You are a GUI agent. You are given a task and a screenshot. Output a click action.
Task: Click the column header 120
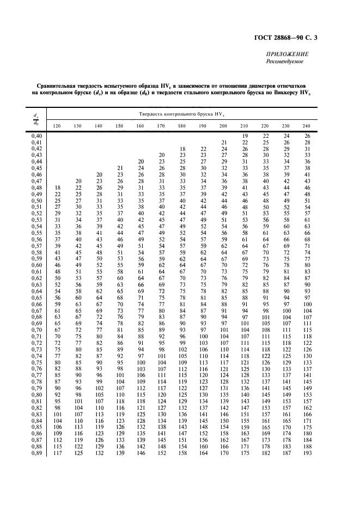57,126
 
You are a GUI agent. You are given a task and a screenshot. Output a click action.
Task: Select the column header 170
161,126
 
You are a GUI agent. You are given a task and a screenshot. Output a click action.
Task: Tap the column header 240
307,126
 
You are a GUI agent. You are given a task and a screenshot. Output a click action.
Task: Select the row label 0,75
36,362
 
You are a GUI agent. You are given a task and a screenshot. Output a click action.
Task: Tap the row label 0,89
36,452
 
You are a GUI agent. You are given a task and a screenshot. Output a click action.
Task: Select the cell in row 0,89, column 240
307,452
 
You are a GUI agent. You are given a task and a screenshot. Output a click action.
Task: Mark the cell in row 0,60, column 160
141,265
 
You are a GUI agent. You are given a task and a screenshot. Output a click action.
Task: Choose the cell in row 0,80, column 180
182,394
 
